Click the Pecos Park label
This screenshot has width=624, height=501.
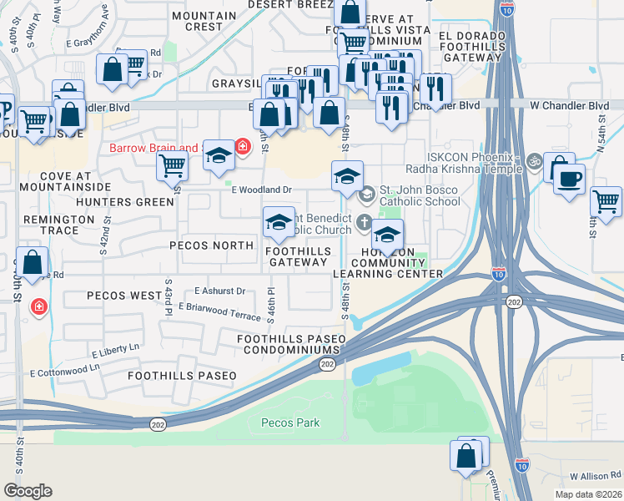(x=289, y=423)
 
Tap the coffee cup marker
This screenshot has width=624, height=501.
(x=569, y=180)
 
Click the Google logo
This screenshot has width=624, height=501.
(x=28, y=491)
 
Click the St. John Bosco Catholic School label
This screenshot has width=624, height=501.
(x=420, y=195)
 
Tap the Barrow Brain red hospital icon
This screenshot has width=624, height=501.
(x=243, y=148)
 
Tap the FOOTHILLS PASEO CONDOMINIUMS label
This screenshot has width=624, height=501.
(x=290, y=344)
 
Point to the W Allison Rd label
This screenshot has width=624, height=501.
(x=596, y=476)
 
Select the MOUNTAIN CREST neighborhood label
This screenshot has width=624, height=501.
(x=204, y=21)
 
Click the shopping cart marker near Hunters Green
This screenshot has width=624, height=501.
(x=172, y=165)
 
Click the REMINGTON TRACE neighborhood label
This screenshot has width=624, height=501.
(x=59, y=225)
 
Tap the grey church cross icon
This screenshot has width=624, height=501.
(x=364, y=222)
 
